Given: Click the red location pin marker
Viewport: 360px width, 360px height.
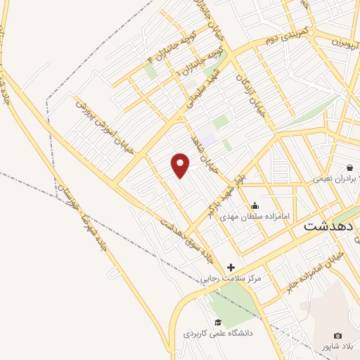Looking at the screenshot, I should point(181,165).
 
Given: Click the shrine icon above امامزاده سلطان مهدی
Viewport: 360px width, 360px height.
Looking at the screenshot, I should point(255,205).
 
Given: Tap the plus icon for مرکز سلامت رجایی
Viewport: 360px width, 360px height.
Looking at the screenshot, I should point(231,267).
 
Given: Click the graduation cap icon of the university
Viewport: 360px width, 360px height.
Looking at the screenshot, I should point(218,322).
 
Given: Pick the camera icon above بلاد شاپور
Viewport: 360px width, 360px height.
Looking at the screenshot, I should point(337,336).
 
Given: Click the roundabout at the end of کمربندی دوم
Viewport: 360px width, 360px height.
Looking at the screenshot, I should point(311,32).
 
